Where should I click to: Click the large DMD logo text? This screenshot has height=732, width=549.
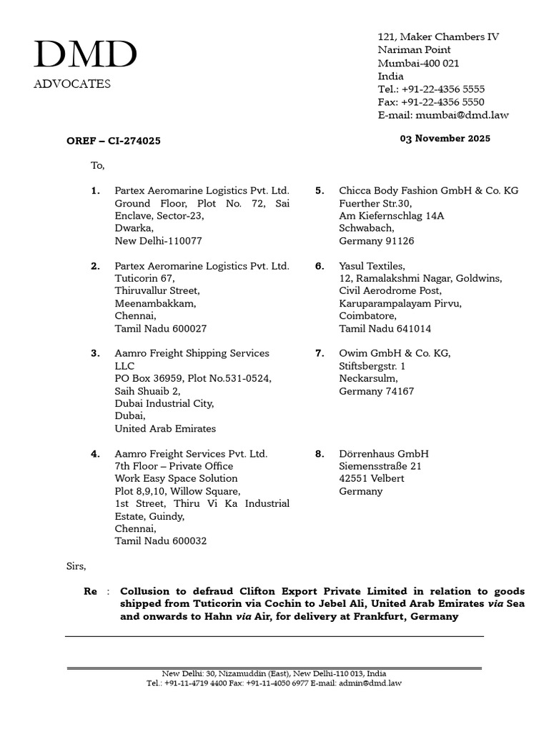point(85,55)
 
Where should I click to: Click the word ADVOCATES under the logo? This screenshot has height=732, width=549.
point(72,84)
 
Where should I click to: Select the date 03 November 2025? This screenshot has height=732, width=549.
point(445,139)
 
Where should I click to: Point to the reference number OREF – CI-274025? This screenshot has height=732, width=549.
point(114,141)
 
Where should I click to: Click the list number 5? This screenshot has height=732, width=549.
point(320,191)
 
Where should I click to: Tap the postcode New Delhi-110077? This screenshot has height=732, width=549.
point(159,242)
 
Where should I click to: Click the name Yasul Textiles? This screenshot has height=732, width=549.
point(372,266)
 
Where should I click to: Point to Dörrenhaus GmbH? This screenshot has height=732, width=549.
point(384,454)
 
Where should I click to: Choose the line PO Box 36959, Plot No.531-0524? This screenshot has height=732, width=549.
point(193,378)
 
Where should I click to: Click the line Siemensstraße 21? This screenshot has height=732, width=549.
point(380,466)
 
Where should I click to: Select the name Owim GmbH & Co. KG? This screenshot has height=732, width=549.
point(395,353)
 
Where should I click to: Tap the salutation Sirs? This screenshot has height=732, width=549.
point(76,566)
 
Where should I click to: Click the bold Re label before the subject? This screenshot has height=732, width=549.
point(90,591)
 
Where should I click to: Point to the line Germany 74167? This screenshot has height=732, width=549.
point(376,391)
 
